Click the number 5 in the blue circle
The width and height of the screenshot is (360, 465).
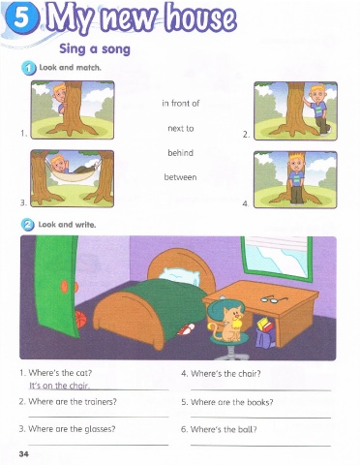20,18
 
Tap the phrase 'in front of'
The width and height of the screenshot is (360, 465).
181,104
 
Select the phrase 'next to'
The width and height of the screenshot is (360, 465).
181,129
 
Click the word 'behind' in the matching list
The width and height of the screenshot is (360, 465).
180,153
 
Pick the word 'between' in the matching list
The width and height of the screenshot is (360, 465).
180,177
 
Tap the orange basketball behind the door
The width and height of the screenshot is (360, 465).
81,320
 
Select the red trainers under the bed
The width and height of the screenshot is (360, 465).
187,329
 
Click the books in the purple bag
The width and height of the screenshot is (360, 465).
264,324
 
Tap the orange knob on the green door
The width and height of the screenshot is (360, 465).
64,286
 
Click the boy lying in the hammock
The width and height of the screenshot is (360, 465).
72,167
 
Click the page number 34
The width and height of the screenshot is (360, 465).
24,453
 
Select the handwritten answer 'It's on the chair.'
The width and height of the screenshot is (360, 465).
60,386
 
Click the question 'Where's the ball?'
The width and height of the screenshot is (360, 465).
224,429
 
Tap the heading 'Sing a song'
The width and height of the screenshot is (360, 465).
95,49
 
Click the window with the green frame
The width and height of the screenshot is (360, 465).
277,257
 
